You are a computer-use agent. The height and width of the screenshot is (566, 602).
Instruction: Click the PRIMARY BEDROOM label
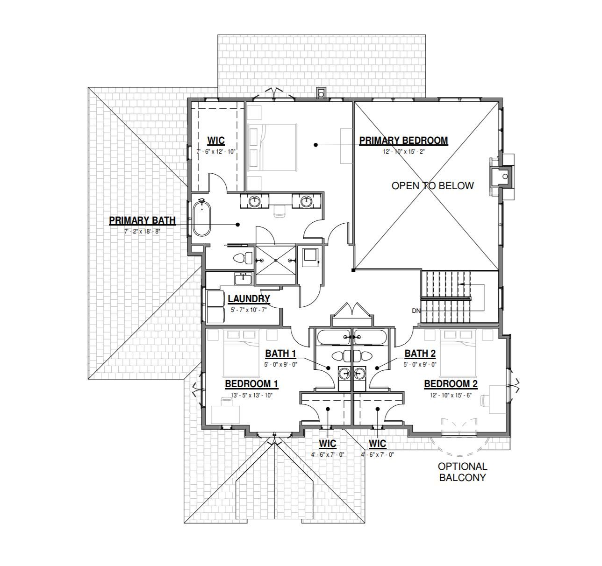click(x=403, y=141)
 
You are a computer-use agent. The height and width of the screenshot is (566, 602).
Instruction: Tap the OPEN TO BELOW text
click(x=432, y=186)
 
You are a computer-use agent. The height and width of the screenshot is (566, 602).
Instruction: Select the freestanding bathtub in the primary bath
click(x=201, y=218)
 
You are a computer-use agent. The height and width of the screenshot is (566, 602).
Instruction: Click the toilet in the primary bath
click(x=241, y=257)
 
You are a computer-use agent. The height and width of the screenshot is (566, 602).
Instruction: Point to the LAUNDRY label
click(x=249, y=299)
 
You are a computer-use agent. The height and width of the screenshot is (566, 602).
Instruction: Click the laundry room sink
click(x=243, y=279)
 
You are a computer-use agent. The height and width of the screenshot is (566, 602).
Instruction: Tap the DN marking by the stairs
click(x=416, y=311)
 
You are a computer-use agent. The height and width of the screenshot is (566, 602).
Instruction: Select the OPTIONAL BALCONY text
click(x=462, y=472)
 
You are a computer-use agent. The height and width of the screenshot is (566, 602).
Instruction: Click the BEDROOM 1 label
click(x=251, y=384)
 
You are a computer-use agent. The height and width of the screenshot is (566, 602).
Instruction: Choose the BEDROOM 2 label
click(x=451, y=384)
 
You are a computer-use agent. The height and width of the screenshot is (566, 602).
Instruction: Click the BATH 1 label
click(x=281, y=354)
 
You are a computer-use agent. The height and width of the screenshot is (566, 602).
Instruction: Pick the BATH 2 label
click(x=420, y=354)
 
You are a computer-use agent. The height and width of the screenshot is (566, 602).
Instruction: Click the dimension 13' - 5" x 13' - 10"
click(x=251, y=395)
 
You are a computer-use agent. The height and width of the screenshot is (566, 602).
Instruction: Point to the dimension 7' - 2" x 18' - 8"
click(x=135, y=231)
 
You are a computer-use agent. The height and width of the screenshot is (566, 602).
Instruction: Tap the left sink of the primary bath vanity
click(x=254, y=201)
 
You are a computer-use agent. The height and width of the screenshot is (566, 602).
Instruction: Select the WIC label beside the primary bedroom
click(x=216, y=141)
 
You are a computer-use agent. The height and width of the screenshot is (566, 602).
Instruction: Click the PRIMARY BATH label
click(x=142, y=220)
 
